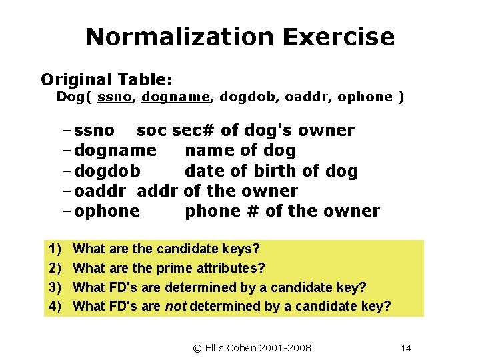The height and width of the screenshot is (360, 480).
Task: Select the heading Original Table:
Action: tap(107, 80)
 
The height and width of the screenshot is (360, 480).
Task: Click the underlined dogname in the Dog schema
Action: tap(175, 97)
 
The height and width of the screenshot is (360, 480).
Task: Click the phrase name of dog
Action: tap(240, 151)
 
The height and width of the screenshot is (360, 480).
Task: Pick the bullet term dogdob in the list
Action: tap(107, 171)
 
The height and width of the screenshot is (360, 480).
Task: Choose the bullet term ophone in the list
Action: tap(107, 212)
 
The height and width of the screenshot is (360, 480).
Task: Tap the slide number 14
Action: tap(407, 348)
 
